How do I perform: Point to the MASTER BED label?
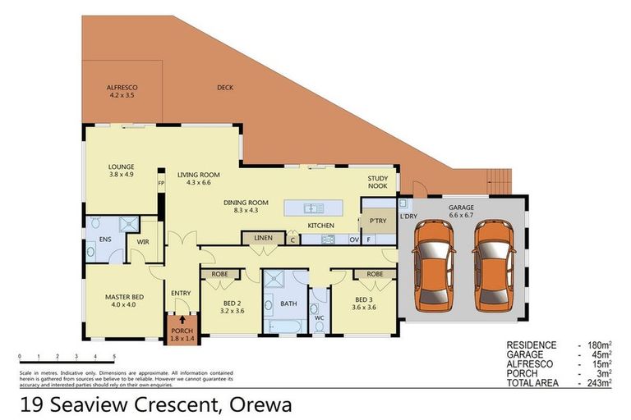click(125, 301)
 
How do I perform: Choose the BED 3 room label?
click(364, 304)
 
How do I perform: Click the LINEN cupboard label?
click(263, 238)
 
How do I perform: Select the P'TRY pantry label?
click(378, 221)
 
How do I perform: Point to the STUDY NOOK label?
click(377, 182)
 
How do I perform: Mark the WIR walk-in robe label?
click(143, 243)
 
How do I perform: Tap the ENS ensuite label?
click(105, 240)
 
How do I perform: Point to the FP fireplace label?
click(161, 183)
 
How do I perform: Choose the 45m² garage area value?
click(603, 354)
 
